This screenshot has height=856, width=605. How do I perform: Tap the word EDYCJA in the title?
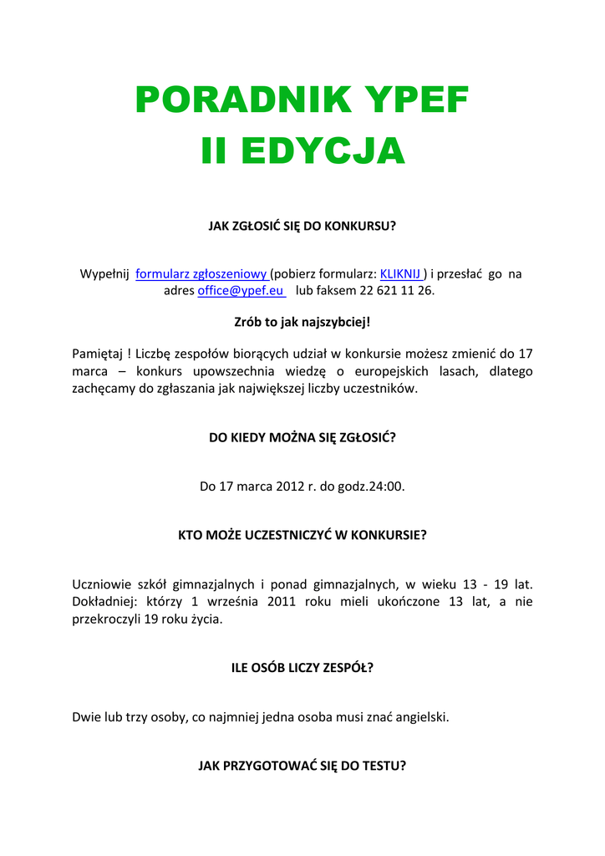322,151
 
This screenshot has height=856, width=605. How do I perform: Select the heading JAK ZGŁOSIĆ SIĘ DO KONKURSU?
302,226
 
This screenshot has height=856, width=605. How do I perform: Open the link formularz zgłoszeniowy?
201,273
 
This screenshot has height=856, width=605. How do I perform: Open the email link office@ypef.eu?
241,291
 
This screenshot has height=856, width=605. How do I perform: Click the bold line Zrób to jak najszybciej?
302,322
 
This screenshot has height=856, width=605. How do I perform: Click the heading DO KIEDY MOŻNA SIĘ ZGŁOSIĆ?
302,436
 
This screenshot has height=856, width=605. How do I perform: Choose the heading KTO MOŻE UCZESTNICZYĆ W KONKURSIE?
302,535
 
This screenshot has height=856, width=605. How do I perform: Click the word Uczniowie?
100,583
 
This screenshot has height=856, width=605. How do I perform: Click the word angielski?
418,716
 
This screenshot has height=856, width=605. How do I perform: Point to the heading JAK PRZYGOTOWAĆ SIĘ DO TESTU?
302,765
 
